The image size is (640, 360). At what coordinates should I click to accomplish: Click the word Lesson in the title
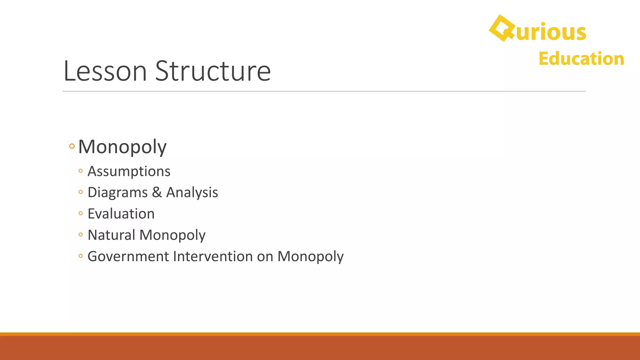(105, 71)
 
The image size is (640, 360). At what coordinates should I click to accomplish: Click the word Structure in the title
(213, 71)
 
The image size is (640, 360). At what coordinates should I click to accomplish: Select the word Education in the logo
(581, 59)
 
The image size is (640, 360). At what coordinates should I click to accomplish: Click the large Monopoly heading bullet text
(122, 147)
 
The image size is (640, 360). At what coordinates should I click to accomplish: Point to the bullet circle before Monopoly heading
(72, 146)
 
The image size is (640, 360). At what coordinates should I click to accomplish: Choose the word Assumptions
(129, 171)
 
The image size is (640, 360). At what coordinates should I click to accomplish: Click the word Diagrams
(117, 192)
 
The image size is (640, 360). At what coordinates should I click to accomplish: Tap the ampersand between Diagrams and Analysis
(157, 192)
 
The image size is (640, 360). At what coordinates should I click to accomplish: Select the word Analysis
(192, 192)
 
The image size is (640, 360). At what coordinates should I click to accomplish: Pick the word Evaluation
(121, 214)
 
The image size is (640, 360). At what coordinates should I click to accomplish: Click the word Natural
(111, 235)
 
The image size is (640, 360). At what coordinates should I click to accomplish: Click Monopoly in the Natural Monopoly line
(172, 235)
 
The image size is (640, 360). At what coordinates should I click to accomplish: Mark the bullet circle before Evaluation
(81, 213)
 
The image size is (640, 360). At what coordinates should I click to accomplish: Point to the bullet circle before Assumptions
(81, 171)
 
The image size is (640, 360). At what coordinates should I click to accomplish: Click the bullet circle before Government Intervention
(81, 256)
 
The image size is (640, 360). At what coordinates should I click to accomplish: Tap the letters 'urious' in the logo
(551, 32)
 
